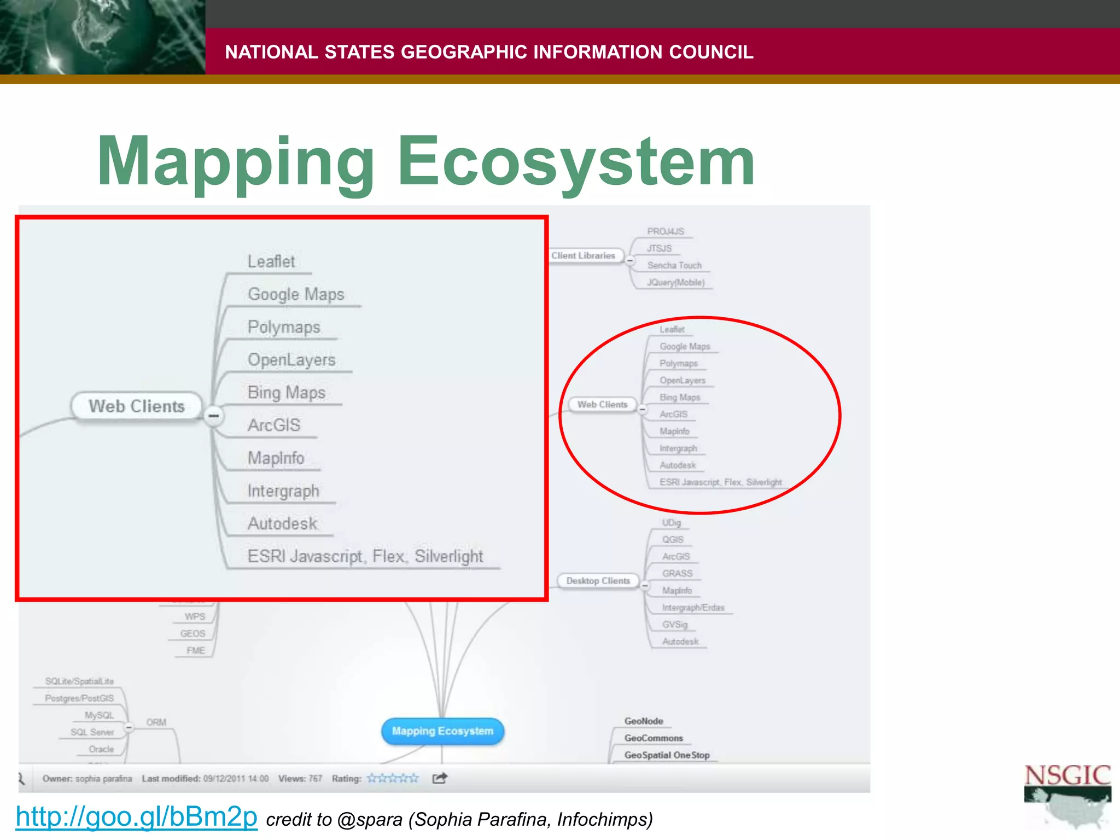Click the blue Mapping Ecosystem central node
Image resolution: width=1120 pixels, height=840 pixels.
(442, 731)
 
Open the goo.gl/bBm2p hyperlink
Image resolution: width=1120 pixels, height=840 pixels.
(136, 817)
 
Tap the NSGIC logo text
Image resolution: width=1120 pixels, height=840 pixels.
(1067, 775)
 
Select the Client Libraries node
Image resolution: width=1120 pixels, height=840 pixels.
(583, 255)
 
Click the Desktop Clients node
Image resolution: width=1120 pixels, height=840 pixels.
(598, 581)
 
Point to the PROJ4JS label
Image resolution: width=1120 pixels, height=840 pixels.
(666, 231)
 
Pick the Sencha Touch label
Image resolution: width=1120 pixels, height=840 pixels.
(674, 265)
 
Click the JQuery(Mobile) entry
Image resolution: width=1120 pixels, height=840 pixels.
(675, 282)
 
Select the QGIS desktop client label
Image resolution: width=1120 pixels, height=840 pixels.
(673, 540)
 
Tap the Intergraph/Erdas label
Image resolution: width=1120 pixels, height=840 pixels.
(693, 608)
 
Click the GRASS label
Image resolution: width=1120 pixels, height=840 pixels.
(677, 574)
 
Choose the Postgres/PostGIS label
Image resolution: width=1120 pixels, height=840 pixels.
(79, 698)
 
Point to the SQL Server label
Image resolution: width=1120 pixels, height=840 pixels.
(92, 732)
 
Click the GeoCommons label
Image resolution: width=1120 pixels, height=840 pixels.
(654, 738)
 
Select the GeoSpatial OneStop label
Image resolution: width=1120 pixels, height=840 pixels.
(667, 755)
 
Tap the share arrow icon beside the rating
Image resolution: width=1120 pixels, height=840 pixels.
(440, 778)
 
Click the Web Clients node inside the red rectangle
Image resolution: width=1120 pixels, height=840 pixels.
(137, 406)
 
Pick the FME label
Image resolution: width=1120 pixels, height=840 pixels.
(195, 651)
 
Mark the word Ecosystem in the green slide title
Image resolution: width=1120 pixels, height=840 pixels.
(576, 162)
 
